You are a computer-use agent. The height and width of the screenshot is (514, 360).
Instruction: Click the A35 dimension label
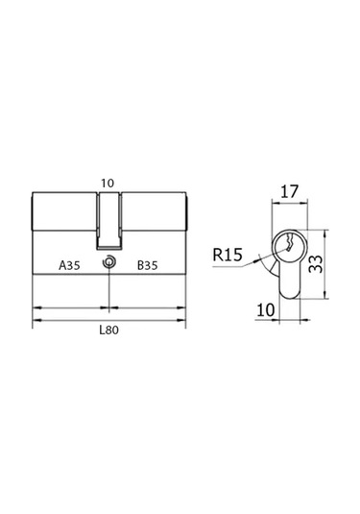tap(70, 264)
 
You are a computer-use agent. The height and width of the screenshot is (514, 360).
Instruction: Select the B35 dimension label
tap(148, 264)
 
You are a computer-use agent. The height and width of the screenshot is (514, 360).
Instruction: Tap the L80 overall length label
tap(112, 330)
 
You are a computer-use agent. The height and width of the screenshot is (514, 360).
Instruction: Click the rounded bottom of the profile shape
tap(291, 292)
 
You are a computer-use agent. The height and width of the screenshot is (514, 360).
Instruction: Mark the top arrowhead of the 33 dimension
tap(326, 232)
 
